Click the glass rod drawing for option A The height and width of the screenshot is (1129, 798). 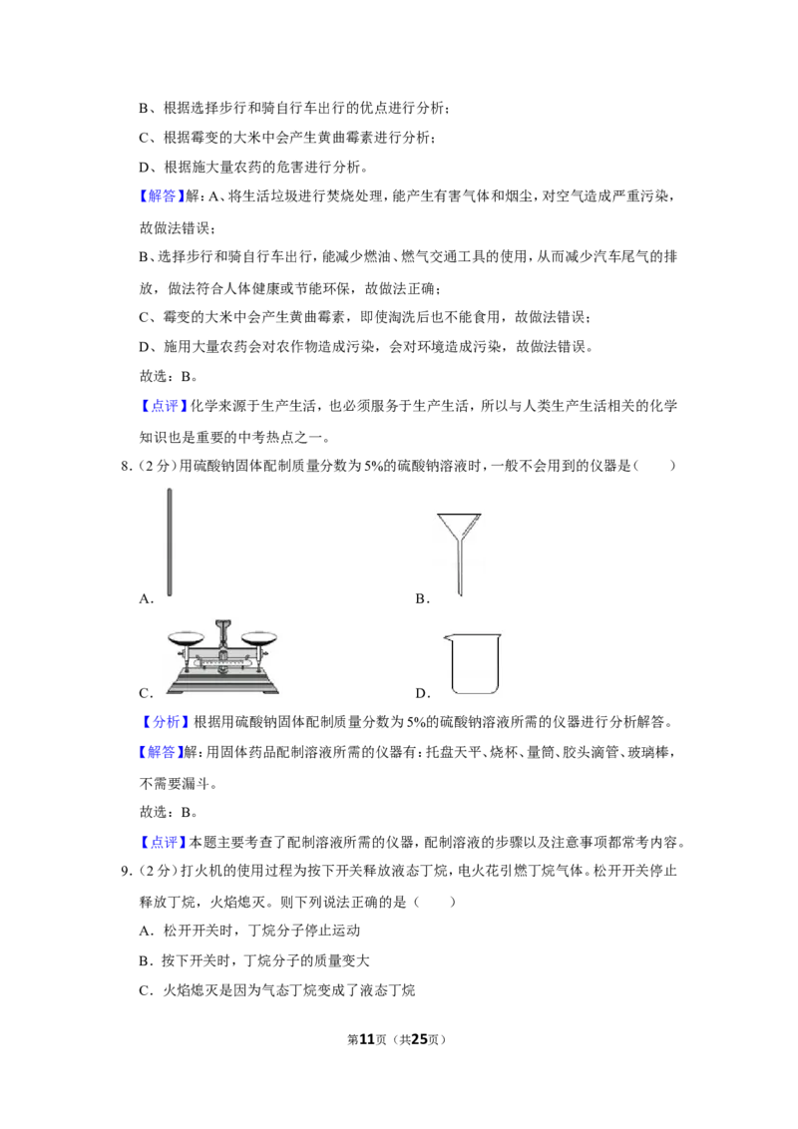click(x=170, y=543)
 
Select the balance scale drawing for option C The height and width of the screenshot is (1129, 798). click(x=222, y=656)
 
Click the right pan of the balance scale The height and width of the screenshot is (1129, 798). click(x=258, y=637)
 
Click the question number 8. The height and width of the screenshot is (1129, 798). click(x=126, y=466)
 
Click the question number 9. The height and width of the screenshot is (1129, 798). click(x=126, y=872)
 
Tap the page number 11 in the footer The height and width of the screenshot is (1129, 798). click(x=367, y=1039)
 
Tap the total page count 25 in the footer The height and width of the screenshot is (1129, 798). click(x=419, y=1039)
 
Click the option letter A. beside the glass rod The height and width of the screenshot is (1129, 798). click(x=147, y=599)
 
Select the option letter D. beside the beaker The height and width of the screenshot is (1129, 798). click(x=423, y=693)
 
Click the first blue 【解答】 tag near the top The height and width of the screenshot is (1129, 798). click(x=160, y=196)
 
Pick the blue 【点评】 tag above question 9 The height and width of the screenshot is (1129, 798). click(x=162, y=842)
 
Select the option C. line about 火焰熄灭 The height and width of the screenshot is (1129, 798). click(x=277, y=990)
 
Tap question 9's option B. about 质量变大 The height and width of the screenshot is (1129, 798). click(x=254, y=960)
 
